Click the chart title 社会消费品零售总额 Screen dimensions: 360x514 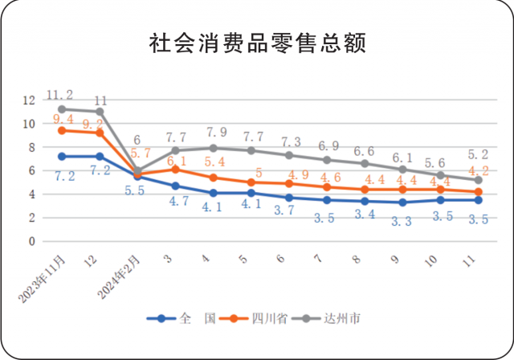coord(257,43)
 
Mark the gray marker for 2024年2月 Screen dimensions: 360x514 coord(137,171)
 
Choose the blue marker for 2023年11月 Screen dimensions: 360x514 coord(61,157)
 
